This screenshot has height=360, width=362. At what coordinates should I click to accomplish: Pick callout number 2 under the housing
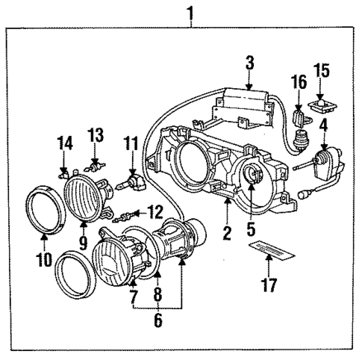[x=225, y=233]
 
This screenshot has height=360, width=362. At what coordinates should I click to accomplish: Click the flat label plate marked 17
[x=269, y=249]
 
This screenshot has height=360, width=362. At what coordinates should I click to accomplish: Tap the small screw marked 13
[x=96, y=162]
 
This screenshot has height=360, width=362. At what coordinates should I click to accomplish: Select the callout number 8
[x=156, y=296]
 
